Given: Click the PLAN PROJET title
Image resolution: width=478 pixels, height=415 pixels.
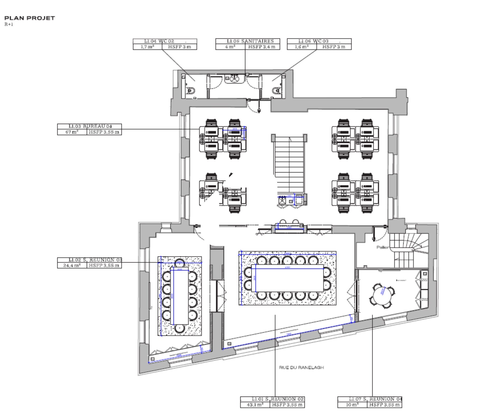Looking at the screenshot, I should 30,18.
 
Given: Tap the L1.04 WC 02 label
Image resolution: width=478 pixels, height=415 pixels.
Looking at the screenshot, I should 159,41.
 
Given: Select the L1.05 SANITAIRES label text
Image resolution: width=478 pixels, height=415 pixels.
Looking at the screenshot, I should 250,41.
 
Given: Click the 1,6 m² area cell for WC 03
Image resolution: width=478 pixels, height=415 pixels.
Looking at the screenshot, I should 302,47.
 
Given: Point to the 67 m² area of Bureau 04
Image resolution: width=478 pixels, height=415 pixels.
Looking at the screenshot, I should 72,132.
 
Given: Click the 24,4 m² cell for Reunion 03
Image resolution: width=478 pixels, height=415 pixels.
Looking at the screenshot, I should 72,265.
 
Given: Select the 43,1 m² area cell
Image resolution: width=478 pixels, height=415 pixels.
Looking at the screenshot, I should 255,405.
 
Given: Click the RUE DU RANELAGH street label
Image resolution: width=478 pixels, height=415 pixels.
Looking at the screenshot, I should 301,368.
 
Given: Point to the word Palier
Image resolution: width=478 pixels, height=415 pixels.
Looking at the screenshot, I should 382,247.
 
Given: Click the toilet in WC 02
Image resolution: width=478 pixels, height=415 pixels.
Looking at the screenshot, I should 190,91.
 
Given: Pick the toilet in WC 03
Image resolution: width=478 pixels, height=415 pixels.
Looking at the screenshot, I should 276,91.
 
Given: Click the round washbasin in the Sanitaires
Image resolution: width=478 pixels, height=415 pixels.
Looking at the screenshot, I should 234,78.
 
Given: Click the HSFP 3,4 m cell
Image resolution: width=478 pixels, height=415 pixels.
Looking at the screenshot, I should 262,47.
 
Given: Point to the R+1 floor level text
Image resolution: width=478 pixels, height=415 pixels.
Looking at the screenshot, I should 9,25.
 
